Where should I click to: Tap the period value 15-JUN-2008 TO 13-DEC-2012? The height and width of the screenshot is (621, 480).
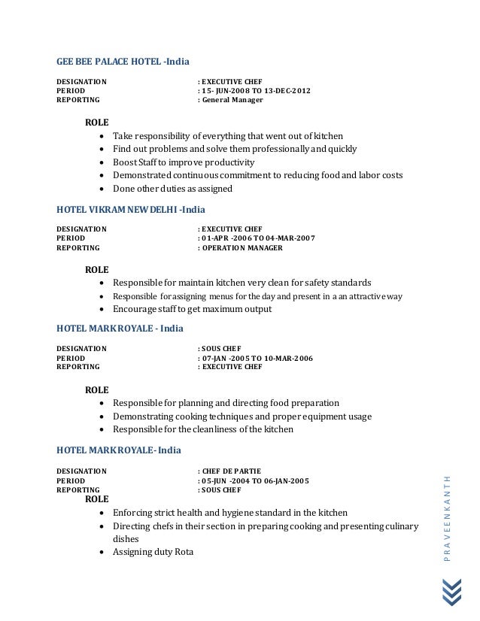[254, 91]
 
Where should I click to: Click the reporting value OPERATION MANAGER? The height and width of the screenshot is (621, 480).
[242, 247]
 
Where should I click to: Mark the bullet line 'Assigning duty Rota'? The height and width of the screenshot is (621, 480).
[153, 553]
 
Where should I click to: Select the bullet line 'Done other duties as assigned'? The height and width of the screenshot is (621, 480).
[172, 189]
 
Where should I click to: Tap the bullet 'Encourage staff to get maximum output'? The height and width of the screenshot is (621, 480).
[192, 309]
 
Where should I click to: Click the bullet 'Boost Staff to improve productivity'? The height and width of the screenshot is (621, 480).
[184, 162]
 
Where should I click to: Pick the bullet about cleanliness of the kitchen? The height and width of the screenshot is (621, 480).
[202, 429]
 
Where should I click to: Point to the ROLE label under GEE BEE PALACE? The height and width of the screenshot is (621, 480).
[96, 121]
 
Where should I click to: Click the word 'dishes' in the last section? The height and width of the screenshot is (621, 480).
[125, 539]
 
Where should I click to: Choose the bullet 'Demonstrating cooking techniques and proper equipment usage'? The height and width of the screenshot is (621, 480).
[242, 416]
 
